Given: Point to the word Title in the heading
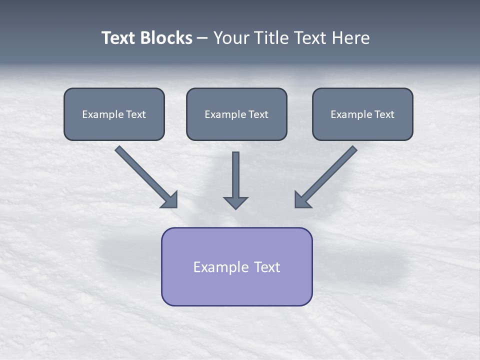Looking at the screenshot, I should (x=270, y=38).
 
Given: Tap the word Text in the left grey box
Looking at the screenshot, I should (x=136, y=114).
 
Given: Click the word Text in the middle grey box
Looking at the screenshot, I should (x=258, y=114).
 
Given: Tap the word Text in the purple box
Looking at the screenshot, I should (x=267, y=267).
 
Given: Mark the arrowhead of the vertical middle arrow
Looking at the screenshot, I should (x=235, y=202).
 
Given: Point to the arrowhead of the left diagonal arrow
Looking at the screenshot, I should (x=170, y=200).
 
